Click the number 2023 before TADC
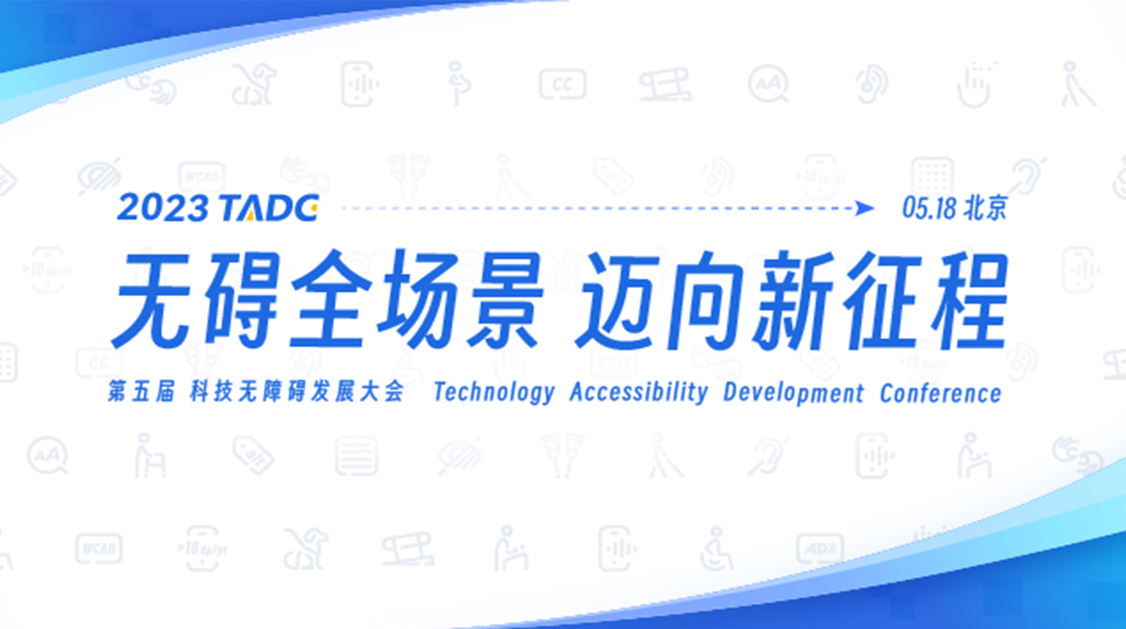[x=162, y=208]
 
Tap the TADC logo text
[x=268, y=208]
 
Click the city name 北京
[x=986, y=208]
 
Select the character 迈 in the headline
[x=620, y=300]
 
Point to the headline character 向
[x=706, y=300]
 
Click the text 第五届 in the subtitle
[x=141, y=391]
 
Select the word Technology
[x=494, y=393]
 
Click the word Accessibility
[x=639, y=393]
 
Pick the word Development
[x=793, y=393]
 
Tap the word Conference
[x=940, y=393]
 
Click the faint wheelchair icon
[x=717, y=549]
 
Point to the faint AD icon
[x=820, y=549]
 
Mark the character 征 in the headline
[x=882, y=300]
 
